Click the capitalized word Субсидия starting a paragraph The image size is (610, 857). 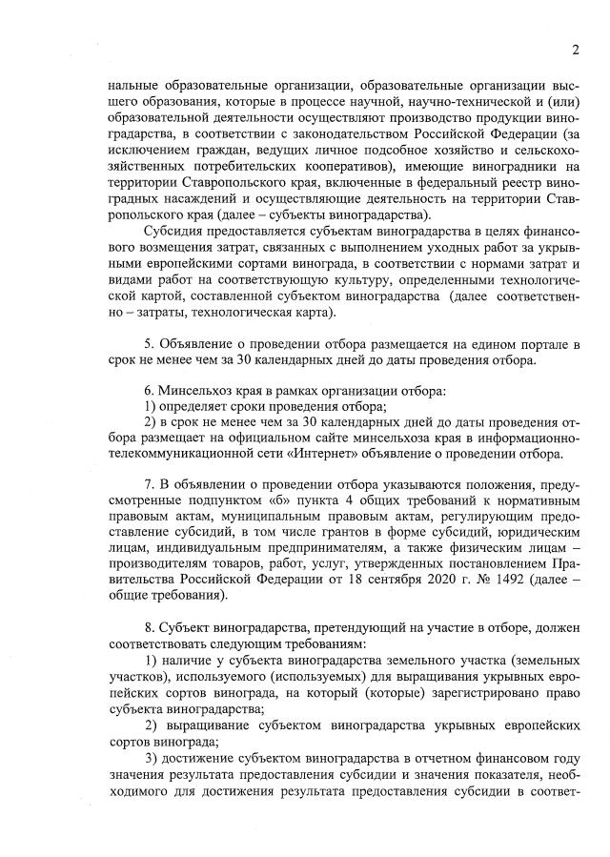pos(173,232)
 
